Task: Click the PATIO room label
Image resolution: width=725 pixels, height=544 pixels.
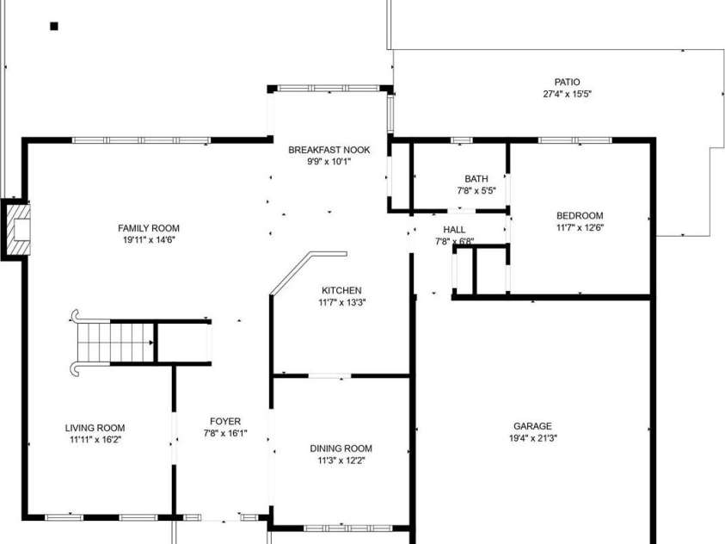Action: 567,83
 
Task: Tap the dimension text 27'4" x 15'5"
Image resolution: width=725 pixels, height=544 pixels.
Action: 567,95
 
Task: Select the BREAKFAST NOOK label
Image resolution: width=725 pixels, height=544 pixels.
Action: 329,150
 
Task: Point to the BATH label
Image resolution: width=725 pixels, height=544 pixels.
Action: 476,178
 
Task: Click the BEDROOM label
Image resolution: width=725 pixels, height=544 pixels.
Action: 580,215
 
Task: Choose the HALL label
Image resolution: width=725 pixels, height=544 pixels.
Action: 454,230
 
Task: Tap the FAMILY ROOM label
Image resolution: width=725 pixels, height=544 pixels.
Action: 149,228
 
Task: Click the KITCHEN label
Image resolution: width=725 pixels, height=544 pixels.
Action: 341,290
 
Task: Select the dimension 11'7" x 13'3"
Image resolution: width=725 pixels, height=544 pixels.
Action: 341,302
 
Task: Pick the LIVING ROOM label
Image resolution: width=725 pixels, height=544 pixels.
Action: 95,428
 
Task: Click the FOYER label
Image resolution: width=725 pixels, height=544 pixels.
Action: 225,422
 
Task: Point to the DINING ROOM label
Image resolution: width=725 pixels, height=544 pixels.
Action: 341,448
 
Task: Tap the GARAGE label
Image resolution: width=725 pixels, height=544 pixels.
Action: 532,426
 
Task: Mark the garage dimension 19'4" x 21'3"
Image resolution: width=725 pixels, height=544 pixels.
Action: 532,438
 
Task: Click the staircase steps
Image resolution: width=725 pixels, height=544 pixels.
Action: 115,343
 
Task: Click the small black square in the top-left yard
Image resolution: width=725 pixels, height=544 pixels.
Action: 54,27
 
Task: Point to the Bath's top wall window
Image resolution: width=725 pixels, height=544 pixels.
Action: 462,140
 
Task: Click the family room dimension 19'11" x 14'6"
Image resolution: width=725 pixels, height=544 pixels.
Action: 149,240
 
